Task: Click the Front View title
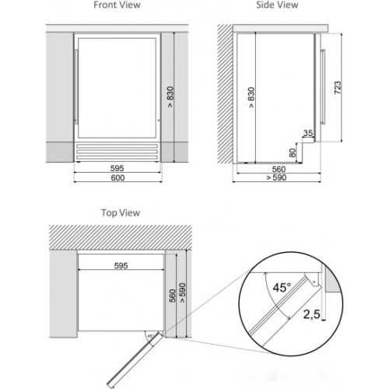117,5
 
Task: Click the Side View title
277,5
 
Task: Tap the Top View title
121,213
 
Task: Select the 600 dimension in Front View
117,178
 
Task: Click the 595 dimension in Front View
117,168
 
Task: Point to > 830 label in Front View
170,97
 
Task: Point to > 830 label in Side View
251,97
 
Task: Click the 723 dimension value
338,88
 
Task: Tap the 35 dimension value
308,133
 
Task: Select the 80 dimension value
293,152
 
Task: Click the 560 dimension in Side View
279,170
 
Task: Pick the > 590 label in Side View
276,177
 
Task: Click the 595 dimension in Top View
121,265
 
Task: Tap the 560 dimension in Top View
173,296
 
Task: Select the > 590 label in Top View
183,293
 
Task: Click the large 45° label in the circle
282,288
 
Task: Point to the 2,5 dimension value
312,314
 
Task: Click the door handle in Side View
323,86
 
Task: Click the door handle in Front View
76,86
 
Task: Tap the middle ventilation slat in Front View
117,152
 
